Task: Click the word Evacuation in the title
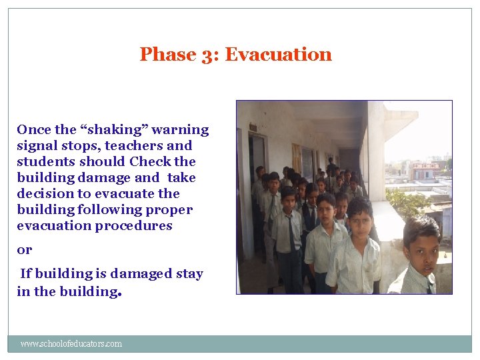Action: pyautogui.click(x=278, y=54)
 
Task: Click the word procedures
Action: pyautogui.click(x=133, y=225)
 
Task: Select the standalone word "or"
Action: pyautogui.click(x=24, y=250)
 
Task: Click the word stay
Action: pyautogui.click(x=187, y=273)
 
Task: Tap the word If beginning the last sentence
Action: pyautogui.click(x=26, y=273)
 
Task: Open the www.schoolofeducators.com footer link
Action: pyautogui.click(x=71, y=344)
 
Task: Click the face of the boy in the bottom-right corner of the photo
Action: pyautogui.click(x=422, y=250)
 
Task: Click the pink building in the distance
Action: pyautogui.click(x=425, y=171)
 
